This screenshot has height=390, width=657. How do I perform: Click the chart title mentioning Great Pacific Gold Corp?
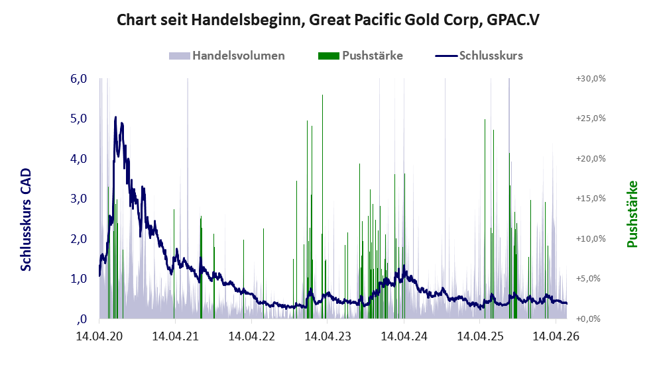click(328, 20)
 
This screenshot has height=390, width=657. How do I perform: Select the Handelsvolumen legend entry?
click(227, 56)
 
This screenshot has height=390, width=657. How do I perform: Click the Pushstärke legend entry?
click(361, 56)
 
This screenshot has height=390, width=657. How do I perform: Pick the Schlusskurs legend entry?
click(479, 56)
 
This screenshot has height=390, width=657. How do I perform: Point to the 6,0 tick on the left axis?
click(79, 79)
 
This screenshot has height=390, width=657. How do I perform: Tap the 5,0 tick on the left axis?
click(79, 119)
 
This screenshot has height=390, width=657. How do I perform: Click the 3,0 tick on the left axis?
click(79, 199)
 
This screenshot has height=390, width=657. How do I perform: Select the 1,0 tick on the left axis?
click(79, 279)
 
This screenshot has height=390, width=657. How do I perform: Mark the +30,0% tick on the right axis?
click(591, 79)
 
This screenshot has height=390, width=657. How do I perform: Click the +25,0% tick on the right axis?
click(591, 119)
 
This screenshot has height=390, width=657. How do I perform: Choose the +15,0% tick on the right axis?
click(591, 199)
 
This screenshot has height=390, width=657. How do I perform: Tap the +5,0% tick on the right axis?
click(588, 279)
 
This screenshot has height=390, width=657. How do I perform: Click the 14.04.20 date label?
click(99, 336)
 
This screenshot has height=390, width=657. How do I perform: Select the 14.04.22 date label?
click(251, 336)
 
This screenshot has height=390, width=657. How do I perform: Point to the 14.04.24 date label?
click(404, 336)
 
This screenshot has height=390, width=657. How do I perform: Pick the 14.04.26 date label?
click(556, 336)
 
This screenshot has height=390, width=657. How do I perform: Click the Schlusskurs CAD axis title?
click(26, 220)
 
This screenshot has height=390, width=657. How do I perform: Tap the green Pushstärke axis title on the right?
click(632, 214)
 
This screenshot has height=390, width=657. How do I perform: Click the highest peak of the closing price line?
click(115, 117)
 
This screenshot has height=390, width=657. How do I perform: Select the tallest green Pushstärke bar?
click(322, 207)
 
